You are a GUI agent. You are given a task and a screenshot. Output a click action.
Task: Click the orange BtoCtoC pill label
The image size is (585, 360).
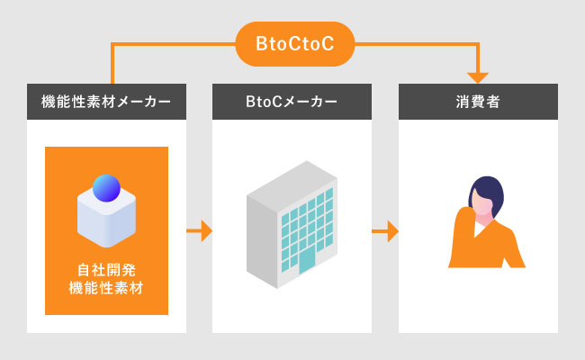pyautogui.click(x=294, y=44)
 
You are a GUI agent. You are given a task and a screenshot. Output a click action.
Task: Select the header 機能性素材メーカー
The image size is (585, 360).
pyautogui.click(x=106, y=102)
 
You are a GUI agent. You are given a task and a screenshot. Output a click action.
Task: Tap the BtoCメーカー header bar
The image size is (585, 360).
pyautogui.click(x=292, y=102)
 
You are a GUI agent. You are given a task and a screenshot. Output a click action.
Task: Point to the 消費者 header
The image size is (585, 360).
pyautogui.click(x=478, y=102)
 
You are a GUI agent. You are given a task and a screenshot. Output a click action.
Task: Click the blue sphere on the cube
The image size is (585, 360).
pyautogui.click(x=106, y=188)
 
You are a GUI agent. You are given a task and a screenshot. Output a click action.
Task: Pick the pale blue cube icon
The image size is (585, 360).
pyautogui.click(x=106, y=216)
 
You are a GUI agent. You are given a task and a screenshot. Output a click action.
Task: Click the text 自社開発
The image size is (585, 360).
pyautogui.click(x=106, y=270)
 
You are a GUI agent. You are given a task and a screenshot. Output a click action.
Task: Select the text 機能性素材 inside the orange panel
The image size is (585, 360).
pyautogui.click(x=106, y=288)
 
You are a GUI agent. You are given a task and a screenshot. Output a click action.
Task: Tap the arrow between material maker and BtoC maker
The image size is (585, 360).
pyautogui.click(x=199, y=231)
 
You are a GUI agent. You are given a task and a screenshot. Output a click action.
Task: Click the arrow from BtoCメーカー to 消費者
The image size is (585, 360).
pyautogui.click(x=385, y=231)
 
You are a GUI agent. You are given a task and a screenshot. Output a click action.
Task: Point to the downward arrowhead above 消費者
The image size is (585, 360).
pyautogui.click(x=478, y=77)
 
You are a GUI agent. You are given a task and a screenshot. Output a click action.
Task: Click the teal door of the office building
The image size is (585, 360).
pyautogui.click(x=307, y=261)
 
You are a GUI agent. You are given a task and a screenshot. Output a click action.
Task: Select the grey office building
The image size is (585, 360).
pyautogui.click(x=292, y=225)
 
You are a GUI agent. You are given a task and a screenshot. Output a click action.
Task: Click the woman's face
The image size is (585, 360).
pyautogui.click(x=481, y=203)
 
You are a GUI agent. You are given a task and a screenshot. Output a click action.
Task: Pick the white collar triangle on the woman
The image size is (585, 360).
pyautogui.click(x=479, y=229)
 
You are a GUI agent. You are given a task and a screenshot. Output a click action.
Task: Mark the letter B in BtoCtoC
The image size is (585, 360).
pyautogui.click(x=261, y=43)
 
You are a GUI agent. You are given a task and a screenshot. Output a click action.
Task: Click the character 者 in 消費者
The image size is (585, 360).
pyautogui.click(x=493, y=102)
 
